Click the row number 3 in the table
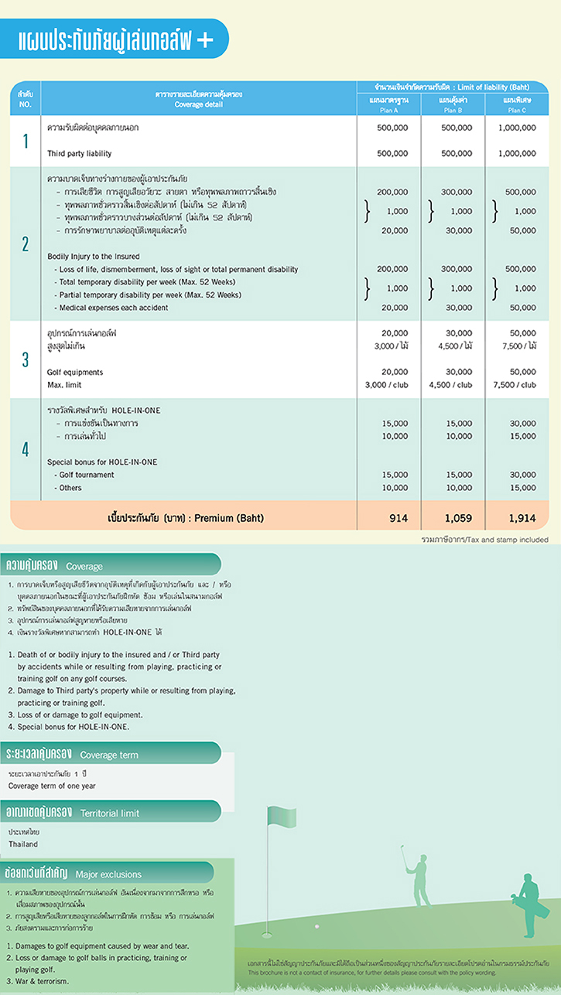[x=25, y=359]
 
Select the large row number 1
[x=25, y=141]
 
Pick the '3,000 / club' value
[x=387, y=385]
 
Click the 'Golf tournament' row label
[x=81, y=475]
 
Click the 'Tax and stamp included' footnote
[x=484, y=539]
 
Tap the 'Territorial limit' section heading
[x=110, y=813]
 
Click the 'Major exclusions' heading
[x=109, y=874]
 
